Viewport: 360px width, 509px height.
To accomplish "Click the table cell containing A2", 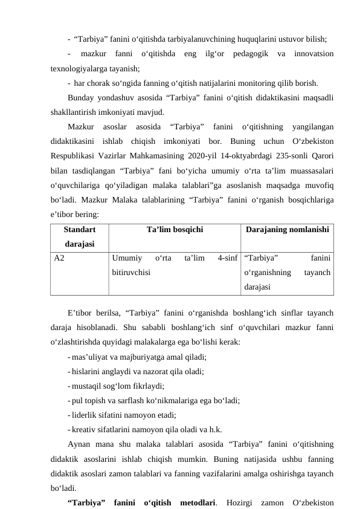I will (60, 257).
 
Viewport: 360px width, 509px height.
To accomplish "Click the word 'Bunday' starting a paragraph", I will (83, 97).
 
